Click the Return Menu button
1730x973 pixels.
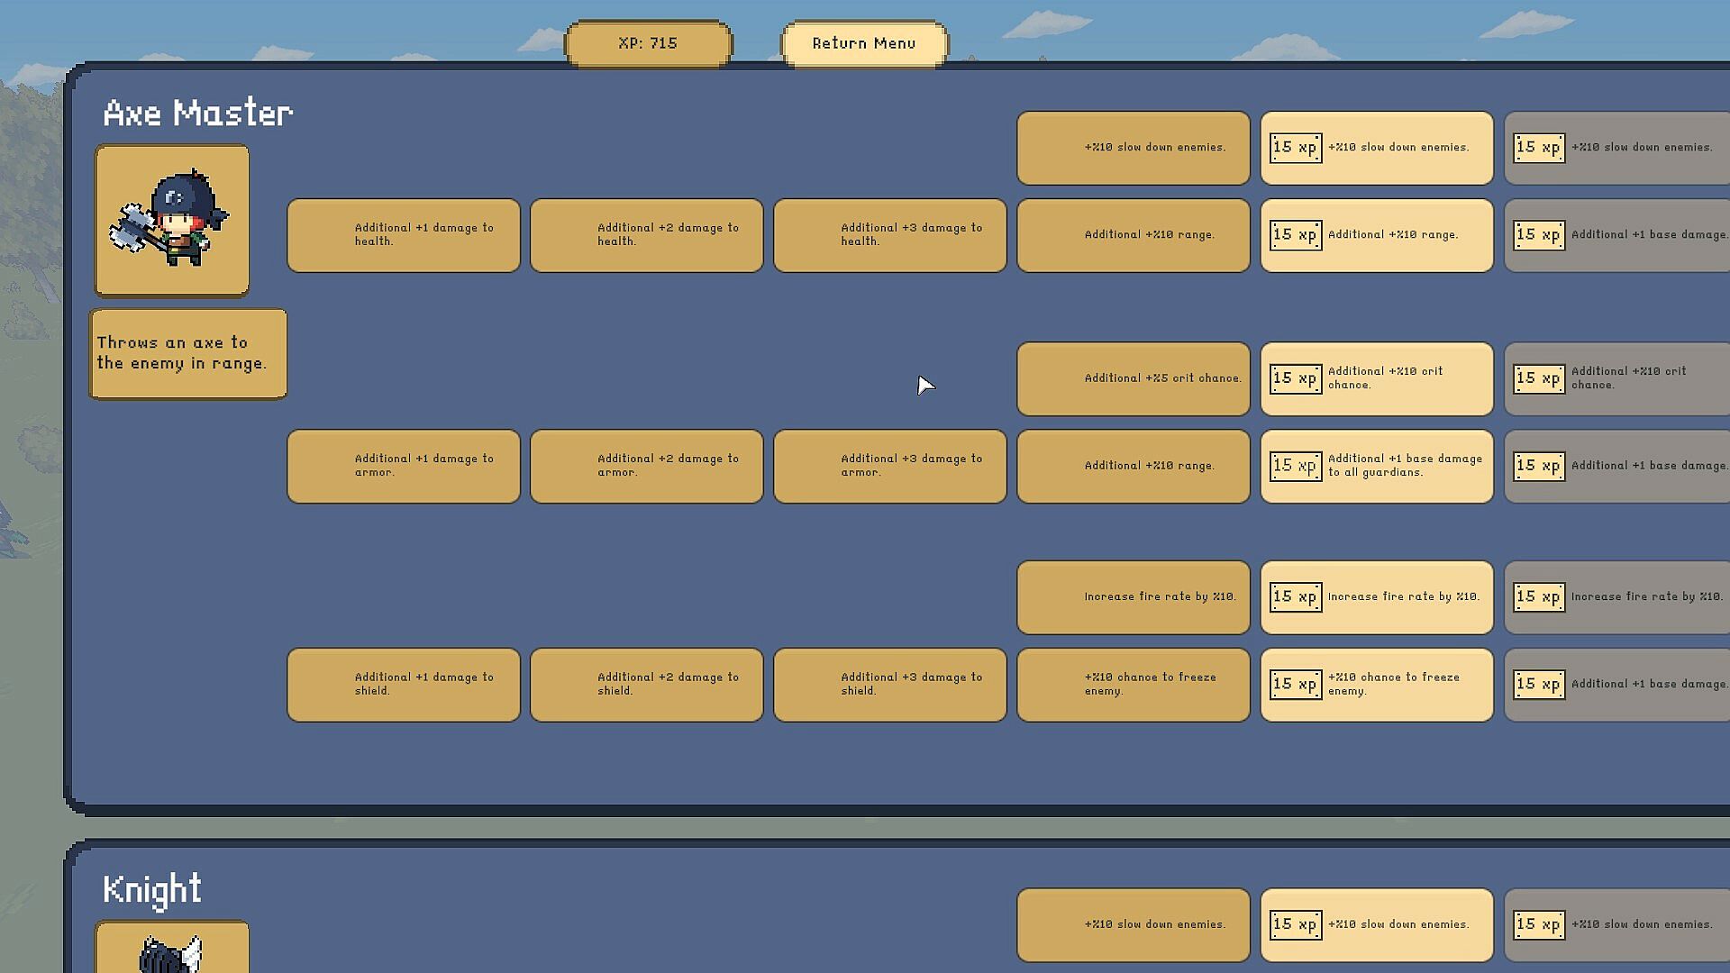[x=863, y=43]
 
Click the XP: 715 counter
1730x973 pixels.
[x=648, y=43]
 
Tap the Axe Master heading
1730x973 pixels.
[x=197, y=114]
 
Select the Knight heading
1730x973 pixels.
[x=151, y=889]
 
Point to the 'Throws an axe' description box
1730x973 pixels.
[x=187, y=353]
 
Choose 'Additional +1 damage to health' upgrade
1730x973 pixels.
[x=403, y=235]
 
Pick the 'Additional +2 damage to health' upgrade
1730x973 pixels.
[x=646, y=235]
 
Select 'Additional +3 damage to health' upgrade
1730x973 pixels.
[x=889, y=235]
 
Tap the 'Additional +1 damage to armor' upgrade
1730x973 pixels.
[x=403, y=466]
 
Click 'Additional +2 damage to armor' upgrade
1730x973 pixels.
[x=646, y=466]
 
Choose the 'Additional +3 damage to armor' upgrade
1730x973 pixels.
[x=889, y=466]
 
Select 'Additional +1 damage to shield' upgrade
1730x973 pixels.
[x=403, y=685]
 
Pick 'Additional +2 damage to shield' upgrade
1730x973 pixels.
[x=646, y=685]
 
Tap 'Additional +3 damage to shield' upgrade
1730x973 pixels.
[x=889, y=685]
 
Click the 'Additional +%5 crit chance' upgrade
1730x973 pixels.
[x=1133, y=378]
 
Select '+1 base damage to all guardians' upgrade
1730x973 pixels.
[x=1376, y=466]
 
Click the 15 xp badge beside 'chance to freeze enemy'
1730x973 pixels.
[x=1295, y=684]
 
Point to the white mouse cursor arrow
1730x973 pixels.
[x=924, y=386]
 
